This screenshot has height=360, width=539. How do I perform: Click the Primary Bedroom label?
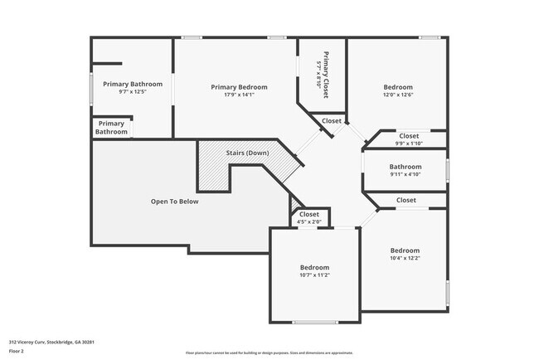239,87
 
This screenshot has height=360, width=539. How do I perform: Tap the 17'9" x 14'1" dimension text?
239,95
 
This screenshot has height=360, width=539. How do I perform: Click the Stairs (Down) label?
247,153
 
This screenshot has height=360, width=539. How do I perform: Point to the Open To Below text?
174,202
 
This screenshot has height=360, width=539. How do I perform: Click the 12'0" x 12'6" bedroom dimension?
398,95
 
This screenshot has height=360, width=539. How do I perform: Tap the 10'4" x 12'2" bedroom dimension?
405,259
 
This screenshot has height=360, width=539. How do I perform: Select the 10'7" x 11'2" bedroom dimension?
314,275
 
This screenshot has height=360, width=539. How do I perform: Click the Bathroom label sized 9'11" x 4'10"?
405,167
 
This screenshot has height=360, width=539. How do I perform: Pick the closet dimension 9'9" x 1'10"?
409,144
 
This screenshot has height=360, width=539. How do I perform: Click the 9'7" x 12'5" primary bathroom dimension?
133,92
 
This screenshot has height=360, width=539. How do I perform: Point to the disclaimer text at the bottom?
269,353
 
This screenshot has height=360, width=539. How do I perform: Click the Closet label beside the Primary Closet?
332,121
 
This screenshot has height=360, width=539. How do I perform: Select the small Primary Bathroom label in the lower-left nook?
111,128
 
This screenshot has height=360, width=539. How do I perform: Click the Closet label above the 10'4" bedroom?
405,200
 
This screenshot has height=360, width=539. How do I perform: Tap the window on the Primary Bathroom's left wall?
91,90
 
